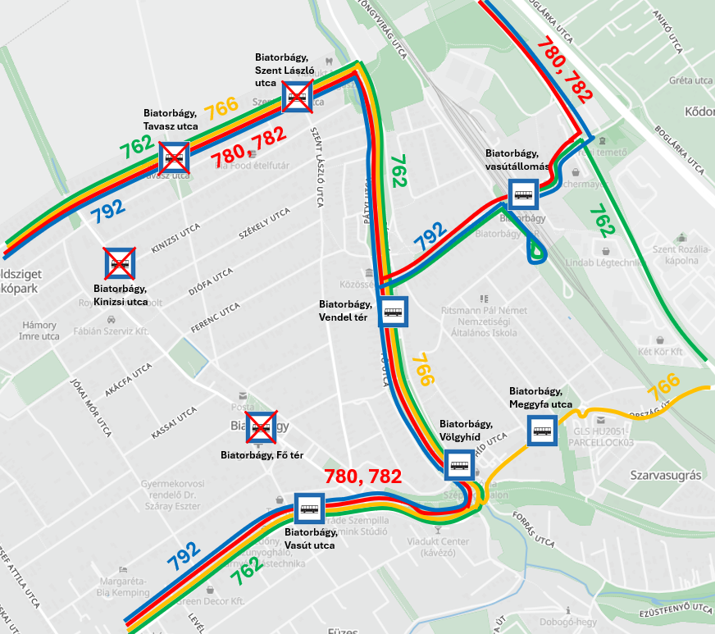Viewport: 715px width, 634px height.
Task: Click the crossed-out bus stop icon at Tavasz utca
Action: (x=175, y=156)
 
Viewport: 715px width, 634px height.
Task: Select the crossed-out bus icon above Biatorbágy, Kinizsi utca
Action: (x=120, y=263)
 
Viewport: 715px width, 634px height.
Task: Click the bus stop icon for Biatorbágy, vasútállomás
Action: (x=523, y=195)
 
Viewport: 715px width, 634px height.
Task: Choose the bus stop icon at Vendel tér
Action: (x=394, y=312)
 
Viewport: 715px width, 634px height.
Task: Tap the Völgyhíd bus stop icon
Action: (x=458, y=466)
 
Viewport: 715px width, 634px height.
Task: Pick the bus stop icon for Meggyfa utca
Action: (x=542, y=430)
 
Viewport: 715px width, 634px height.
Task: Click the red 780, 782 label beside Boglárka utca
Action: (x=563, y=70)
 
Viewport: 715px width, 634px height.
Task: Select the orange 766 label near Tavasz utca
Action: (x=221, y=108)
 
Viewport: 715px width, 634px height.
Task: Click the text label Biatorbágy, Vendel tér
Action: (x=345, y=310)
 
